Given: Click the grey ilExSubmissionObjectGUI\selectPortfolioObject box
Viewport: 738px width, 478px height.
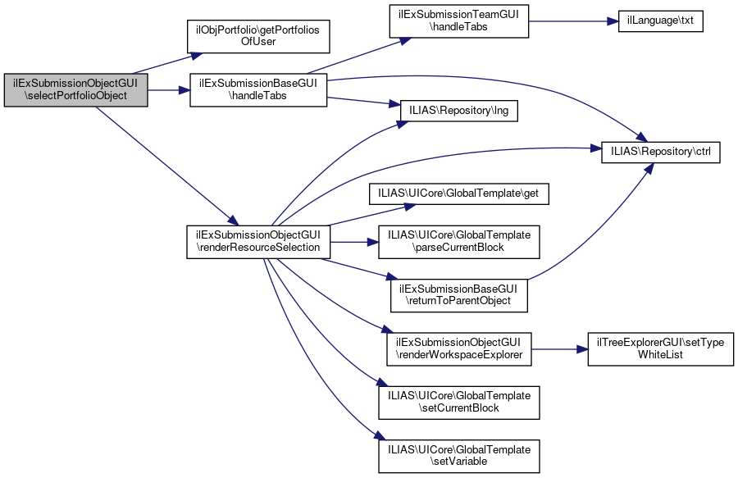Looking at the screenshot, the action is [75, 90].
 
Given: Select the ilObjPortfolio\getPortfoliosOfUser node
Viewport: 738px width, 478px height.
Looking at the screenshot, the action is [258, 36].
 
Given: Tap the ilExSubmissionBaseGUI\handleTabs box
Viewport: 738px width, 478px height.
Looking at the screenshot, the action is [258, 90].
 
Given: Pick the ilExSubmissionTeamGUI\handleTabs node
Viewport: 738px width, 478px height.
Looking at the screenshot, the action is [459, 21].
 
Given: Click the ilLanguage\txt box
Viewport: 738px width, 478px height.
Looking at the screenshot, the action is [660, 21].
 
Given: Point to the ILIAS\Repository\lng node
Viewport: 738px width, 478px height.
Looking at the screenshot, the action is [459, 111].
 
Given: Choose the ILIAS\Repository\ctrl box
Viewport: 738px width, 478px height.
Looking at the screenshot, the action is [661, 152].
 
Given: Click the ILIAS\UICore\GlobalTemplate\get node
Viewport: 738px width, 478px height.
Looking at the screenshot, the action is [459, 193].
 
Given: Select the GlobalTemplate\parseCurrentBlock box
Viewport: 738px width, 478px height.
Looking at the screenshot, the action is [459, 242].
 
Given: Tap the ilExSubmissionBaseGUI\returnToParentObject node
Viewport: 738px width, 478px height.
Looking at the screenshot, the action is [459, 295].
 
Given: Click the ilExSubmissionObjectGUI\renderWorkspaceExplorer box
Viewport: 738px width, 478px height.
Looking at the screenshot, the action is [459, 349].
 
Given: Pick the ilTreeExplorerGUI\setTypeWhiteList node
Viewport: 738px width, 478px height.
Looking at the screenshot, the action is [660, 349].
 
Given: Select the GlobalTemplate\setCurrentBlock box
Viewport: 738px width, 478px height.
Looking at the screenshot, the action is [459, 403].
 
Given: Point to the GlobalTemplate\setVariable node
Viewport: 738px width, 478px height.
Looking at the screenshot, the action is [459, 457].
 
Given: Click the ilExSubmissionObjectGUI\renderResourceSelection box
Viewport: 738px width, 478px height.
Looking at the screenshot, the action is [258, 242].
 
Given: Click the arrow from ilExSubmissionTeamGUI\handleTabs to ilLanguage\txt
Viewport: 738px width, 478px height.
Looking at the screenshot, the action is [573, 21].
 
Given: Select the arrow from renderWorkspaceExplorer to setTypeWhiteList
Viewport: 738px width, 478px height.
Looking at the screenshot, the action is [559, 349].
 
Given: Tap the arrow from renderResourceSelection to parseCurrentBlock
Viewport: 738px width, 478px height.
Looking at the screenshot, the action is [354, 242].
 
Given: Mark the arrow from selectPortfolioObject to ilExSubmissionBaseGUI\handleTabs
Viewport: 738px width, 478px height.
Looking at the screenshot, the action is [169, 90].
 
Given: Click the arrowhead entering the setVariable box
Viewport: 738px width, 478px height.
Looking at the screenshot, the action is [374, 436].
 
